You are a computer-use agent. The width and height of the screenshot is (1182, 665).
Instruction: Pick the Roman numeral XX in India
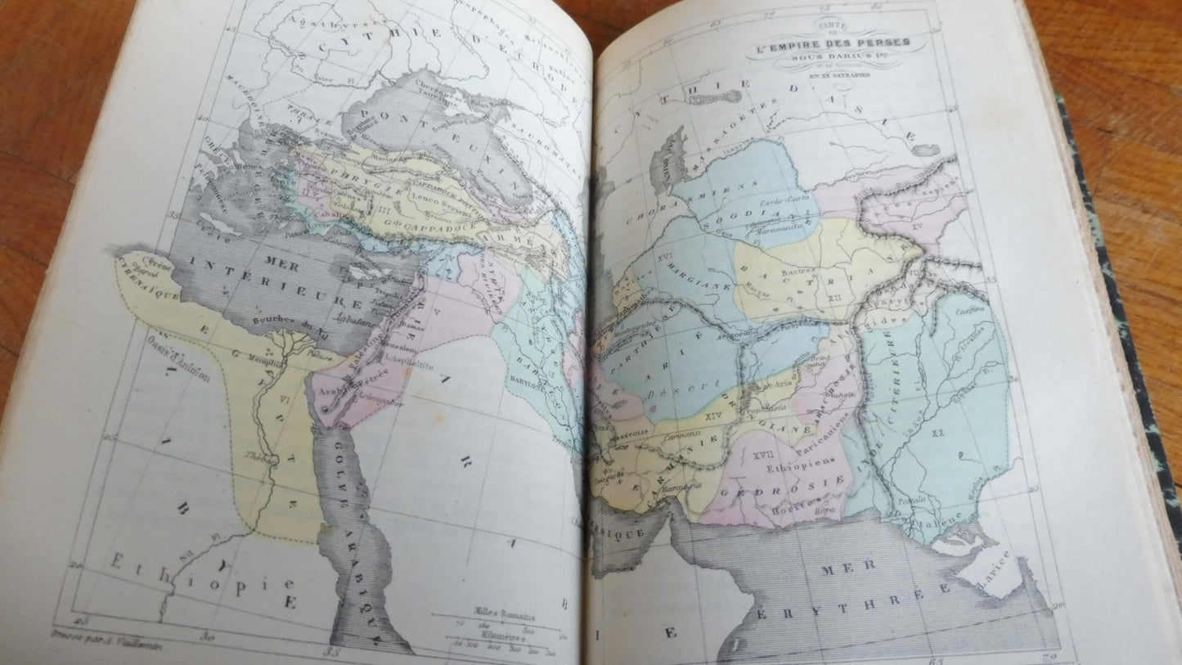click(938, 431)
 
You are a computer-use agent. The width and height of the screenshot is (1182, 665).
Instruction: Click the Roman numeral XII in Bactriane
click(834, 300)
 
